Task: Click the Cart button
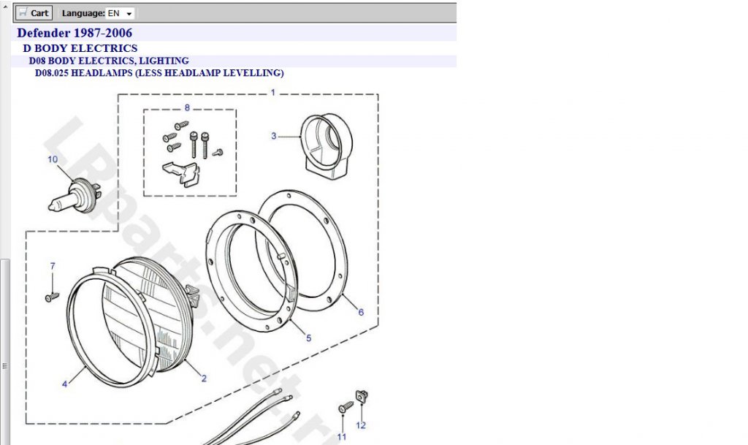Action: (34, 13)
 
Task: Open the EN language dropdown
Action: (120, 13)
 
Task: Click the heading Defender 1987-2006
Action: (75, 33)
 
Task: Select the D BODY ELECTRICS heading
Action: (80, 48)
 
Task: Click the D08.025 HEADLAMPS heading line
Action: (159, 73)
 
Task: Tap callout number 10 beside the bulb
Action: (53, 159)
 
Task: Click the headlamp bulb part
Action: (75, 196)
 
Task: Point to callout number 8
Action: (187, 108)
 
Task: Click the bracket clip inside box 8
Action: (181, 174)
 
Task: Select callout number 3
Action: (273, 136)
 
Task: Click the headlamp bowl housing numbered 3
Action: (327, 146)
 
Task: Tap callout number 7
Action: (53, 266)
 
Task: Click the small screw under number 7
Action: (52, 297)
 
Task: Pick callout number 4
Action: (65, 384)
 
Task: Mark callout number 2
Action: (205, 379)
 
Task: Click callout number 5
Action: (309, 338)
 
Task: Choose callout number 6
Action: (361, 312)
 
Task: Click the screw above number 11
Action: (346, 407)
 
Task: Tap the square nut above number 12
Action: (362, 396)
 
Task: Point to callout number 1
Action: (273, 93)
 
